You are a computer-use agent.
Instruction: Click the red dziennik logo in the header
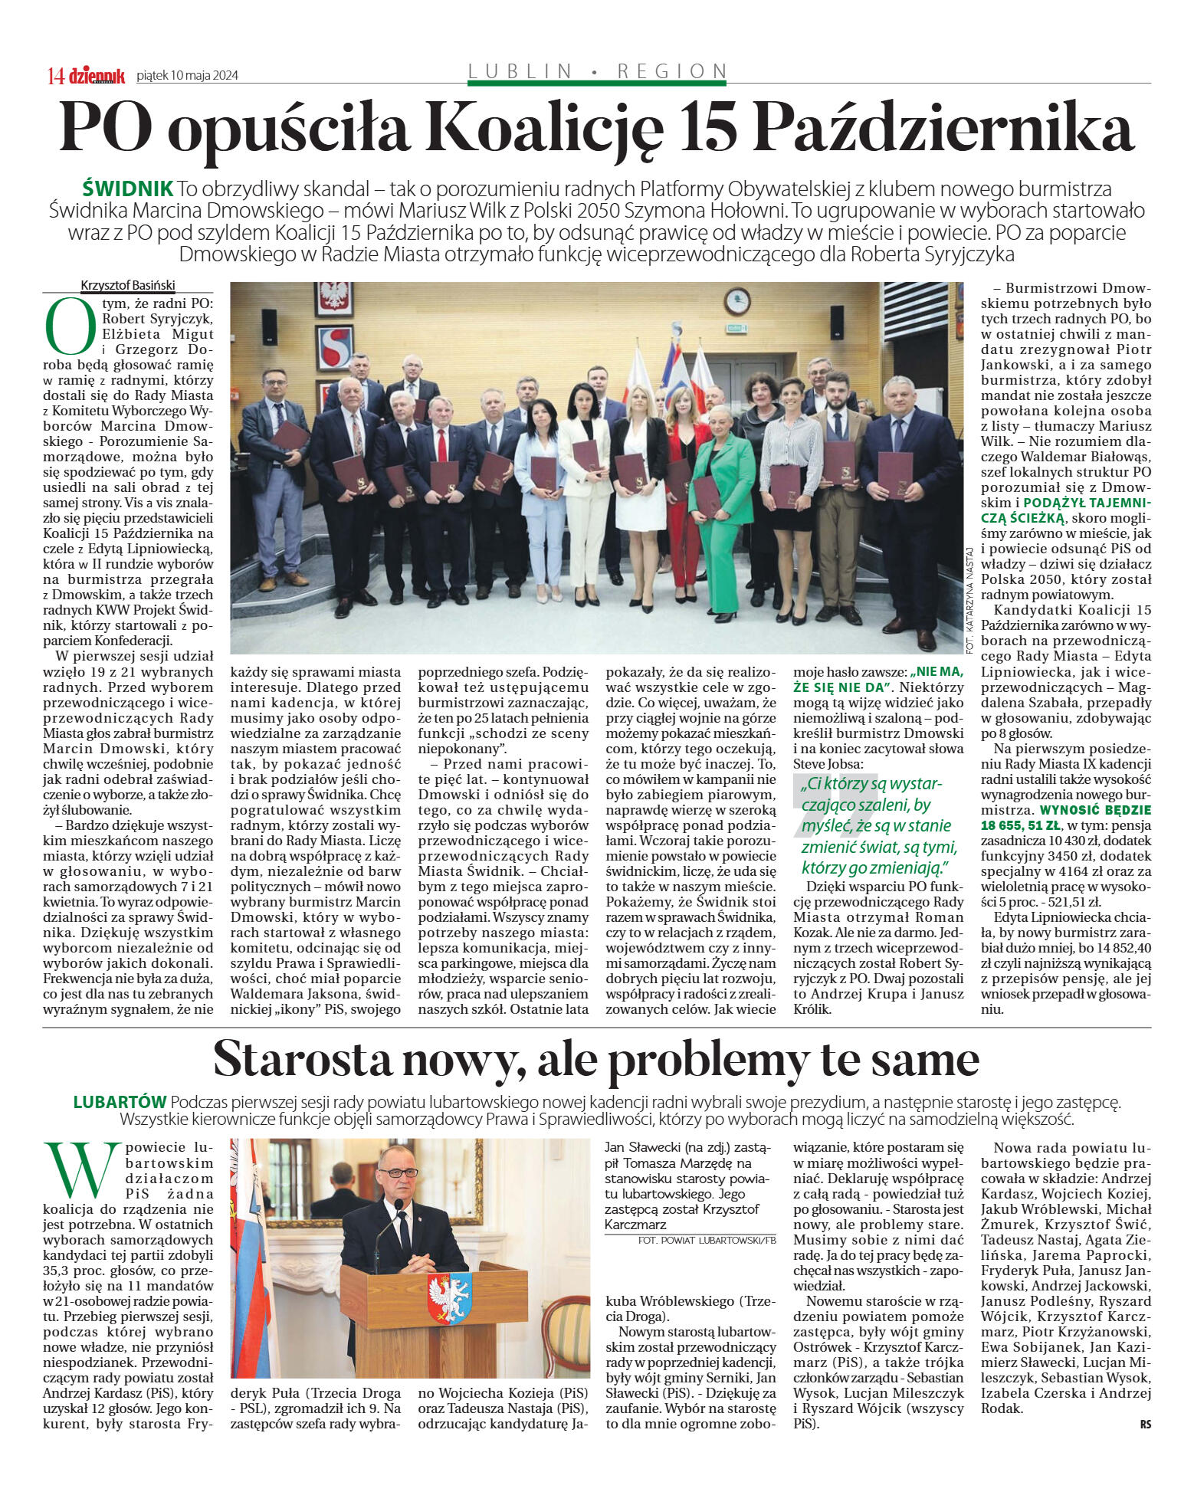(97, 74)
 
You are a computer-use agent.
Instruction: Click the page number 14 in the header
(55, 75)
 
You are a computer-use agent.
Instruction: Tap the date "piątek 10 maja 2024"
(187, 75)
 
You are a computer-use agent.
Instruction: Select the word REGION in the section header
(672, 71)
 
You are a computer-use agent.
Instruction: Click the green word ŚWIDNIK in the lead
(127, 189)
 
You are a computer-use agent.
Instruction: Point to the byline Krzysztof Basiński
(128, 285)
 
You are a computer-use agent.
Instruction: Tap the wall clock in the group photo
(737, 301)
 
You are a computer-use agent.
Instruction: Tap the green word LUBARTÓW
(120, 1102)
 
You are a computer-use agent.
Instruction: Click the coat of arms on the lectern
(450, 1296)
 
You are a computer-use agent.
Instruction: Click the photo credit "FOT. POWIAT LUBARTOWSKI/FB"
(706, 1239)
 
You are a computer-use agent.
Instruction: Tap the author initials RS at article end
(1145, 1424)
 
